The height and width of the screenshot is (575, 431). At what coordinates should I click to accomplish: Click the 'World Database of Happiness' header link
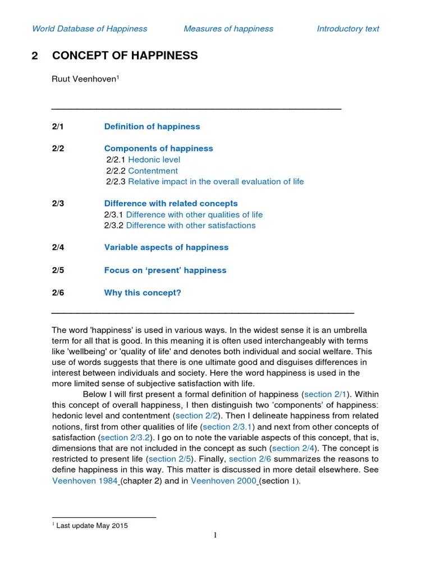90,29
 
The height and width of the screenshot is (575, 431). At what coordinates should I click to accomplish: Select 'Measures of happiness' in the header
228,29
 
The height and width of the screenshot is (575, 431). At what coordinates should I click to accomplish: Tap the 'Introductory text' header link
348,29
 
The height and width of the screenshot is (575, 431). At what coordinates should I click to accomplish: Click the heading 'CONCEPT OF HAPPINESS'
125,56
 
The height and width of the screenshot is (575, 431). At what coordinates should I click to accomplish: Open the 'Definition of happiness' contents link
152,126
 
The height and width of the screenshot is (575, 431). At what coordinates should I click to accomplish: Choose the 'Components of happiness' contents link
159,148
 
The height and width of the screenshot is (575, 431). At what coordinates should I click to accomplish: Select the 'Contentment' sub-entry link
153,171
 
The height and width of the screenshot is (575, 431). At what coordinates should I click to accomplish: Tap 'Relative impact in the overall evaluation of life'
216,181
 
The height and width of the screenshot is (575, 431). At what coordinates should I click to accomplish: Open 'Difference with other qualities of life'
194,215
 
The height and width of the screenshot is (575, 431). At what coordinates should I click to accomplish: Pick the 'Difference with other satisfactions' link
191,225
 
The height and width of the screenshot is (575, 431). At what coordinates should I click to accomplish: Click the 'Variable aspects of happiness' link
166,247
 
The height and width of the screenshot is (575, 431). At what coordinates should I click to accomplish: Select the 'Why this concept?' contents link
143,293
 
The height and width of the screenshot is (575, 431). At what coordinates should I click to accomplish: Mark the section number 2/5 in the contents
58,270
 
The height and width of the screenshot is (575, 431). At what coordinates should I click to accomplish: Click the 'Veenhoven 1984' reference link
85,481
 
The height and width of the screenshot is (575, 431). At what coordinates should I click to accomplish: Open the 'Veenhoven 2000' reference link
223,481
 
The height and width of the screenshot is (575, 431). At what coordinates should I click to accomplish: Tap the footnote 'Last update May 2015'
92,526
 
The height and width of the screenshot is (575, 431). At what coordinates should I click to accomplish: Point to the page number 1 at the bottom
215,536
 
